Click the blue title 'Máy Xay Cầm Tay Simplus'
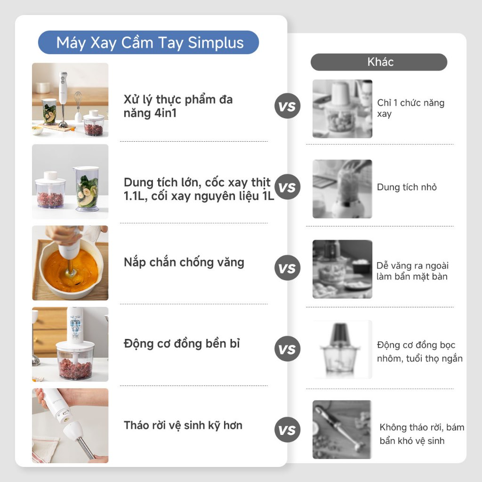click(150, 43)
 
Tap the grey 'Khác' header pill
click(379, 62)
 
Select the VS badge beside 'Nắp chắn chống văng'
click(287, 268)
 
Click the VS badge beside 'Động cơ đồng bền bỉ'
click(287, 349)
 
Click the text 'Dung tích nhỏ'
click(407, 187)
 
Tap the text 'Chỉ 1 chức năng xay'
click(410, 108)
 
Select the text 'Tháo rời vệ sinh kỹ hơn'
click(183, 426)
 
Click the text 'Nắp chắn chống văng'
click(184, 262)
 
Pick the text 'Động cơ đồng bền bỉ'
click(182, 344)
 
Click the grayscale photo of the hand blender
click(342, 429)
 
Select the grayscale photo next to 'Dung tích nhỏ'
click(342, 189)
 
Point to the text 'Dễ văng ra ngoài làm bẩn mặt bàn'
click(412, 271)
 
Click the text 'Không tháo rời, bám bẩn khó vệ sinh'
click(422, 434)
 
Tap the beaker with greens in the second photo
click(88, 188)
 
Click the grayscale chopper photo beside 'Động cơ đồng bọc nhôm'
click(342, 349)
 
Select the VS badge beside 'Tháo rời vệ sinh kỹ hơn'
click(287, 430)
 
